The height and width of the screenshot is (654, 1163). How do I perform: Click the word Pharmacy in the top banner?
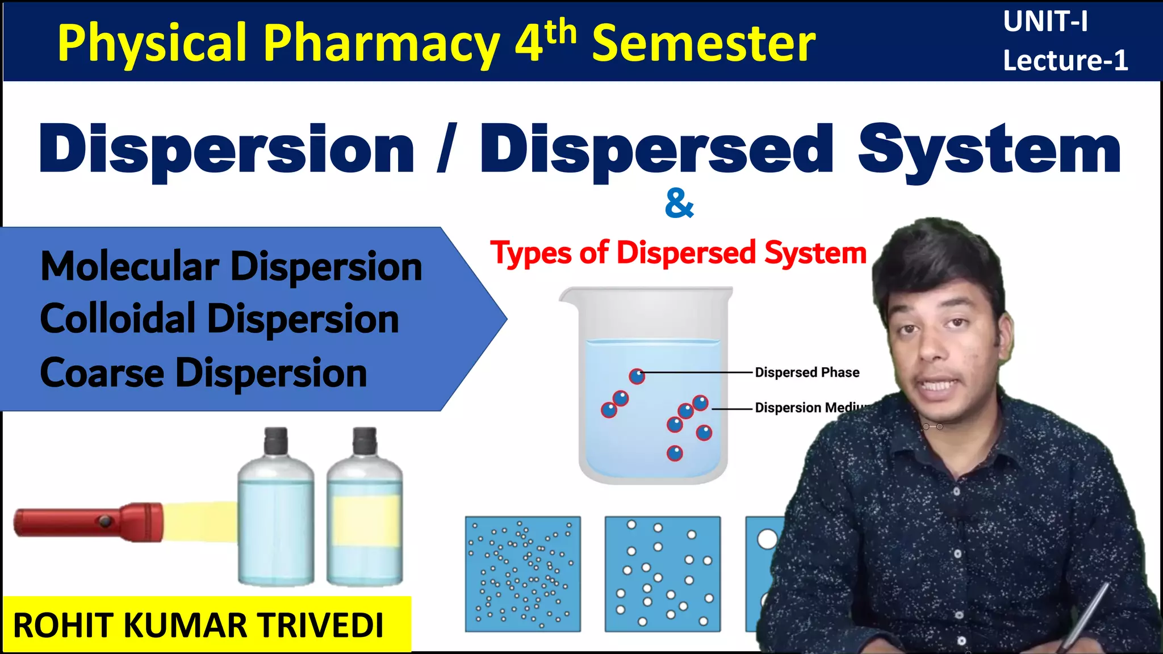click(380, 44)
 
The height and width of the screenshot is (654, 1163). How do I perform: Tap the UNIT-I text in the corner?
click(1045, 22)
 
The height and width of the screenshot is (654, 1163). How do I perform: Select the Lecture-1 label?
click(1065, 61)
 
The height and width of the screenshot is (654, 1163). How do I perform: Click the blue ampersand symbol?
click(679, 204)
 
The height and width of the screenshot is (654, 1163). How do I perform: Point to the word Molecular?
click(130, 266)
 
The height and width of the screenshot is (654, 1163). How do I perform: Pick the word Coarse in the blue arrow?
click(102, 373)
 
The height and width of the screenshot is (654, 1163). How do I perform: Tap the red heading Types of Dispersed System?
click(679, 253)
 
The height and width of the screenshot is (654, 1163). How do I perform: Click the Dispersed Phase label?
click(806, 372)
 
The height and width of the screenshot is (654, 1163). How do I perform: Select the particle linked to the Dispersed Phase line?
click(637, 376)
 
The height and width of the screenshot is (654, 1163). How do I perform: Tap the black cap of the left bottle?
click(276, 441)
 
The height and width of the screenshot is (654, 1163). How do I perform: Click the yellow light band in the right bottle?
click(366, 521)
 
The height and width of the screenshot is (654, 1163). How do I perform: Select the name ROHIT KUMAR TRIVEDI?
click(199, 626)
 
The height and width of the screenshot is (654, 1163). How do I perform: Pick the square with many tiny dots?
click(522, 574)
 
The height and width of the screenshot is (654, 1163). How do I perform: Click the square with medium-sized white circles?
click(662, 574)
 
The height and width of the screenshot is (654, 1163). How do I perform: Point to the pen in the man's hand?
click(1082, 619)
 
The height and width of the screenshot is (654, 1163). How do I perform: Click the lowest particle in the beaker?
click(675, 453)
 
